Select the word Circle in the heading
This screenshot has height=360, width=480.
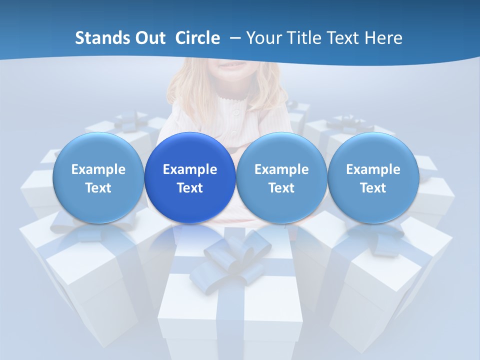197,38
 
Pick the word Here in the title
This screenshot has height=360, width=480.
383,38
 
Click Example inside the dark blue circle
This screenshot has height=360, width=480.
190,169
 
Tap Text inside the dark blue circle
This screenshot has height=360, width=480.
190,188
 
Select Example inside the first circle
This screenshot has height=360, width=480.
98,169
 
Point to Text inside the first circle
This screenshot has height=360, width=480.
98,188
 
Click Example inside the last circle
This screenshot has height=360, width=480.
373,169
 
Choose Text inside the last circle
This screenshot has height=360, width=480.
373,188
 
